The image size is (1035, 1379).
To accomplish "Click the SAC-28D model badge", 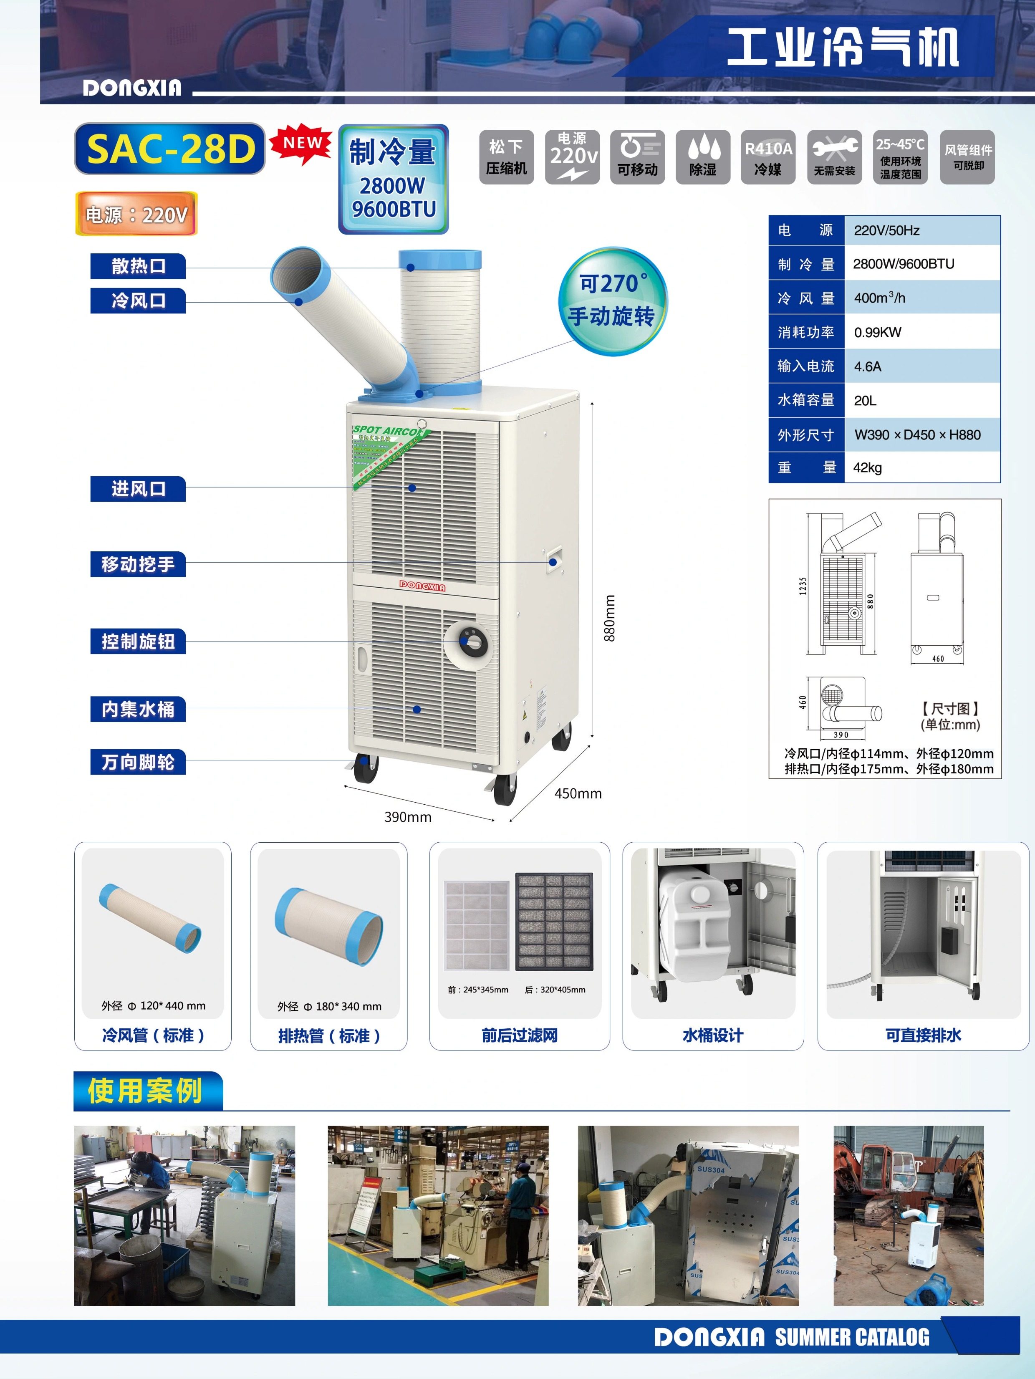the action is (169, 149).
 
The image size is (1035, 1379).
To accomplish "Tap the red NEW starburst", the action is (302, 144).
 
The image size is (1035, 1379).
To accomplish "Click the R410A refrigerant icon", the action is (768, 157).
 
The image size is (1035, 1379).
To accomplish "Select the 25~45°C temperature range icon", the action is (900, 157).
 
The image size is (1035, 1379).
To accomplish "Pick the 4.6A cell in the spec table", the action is (867, 366).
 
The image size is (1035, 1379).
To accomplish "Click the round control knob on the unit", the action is (472, 642).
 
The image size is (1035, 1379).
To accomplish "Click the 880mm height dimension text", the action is (609, 619).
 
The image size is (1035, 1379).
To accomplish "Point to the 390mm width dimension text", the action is (408, 817).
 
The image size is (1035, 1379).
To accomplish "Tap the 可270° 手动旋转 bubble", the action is (612, 301).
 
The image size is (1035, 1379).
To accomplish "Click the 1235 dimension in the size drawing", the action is (803, 586).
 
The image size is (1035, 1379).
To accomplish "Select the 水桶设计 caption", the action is (713, 1036).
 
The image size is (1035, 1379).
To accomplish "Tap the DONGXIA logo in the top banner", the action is (132, 88).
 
